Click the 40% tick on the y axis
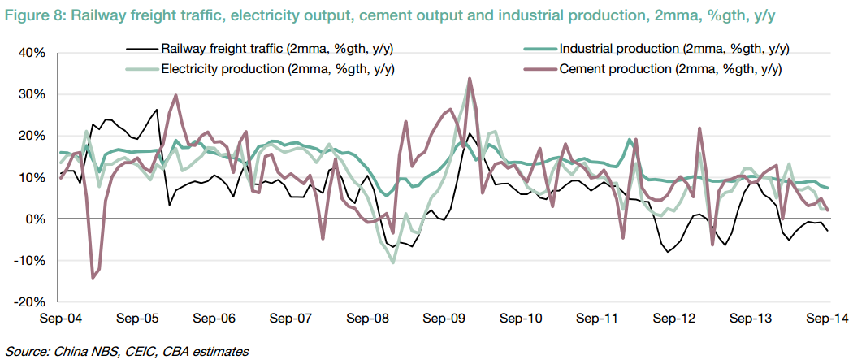pyautogui.click(x=33, y=53)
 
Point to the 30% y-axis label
pyautogui.click(x=33, y=94)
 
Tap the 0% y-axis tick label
pyautogui.click(x=38, y=219)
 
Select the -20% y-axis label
pyautogui.click(x=31, y=301)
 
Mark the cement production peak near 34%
pyautogui.click(x=470, y=79)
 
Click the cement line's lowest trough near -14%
pyautogui.click(x=93, y=278)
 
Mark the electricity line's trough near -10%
pyautogui.click(x=393, y=262)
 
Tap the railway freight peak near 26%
pyautogui.click(x=157, y=110)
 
